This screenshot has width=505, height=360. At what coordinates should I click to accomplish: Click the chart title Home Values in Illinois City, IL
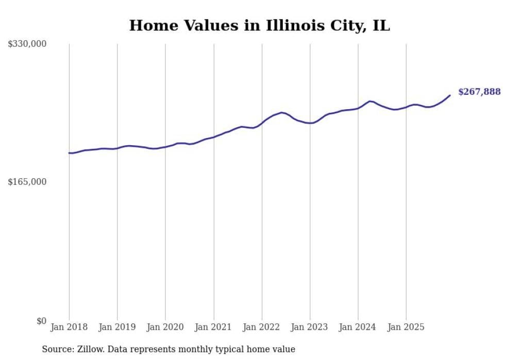tap(259, 25)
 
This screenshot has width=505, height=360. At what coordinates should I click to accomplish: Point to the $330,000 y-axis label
tap(27, 44)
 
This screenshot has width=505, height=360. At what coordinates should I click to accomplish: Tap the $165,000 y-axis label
tap(27, 182)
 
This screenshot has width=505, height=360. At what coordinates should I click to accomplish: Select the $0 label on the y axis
tap(41, 321)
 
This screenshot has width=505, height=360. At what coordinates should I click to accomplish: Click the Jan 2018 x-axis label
tap(69, 327)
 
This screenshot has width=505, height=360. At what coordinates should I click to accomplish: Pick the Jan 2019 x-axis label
tap(117, 327)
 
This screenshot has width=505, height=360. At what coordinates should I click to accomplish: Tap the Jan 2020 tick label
tap(165, 327)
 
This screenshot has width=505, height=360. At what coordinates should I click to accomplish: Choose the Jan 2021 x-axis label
tap(213, 327)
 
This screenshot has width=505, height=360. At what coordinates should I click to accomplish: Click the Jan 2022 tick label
tap(262, 327)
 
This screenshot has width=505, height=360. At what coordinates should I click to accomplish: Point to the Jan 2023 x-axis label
tap(310, 327)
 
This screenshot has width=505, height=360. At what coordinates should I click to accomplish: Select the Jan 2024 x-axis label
tap(358, 327)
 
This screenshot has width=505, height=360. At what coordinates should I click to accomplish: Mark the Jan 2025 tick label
tap(406, 327)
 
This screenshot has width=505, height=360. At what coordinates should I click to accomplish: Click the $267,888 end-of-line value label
tap(479, 92)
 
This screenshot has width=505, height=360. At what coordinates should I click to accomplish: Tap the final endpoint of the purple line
tap(450, 95)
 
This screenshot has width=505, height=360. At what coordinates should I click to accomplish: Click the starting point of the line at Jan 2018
tap(69, 153)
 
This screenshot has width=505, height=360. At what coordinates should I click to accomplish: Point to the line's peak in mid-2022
tap(281, 112)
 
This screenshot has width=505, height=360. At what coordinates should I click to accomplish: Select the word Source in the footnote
tap(55, 349)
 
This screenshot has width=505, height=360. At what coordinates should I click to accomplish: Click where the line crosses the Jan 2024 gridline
tap(358, 108)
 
